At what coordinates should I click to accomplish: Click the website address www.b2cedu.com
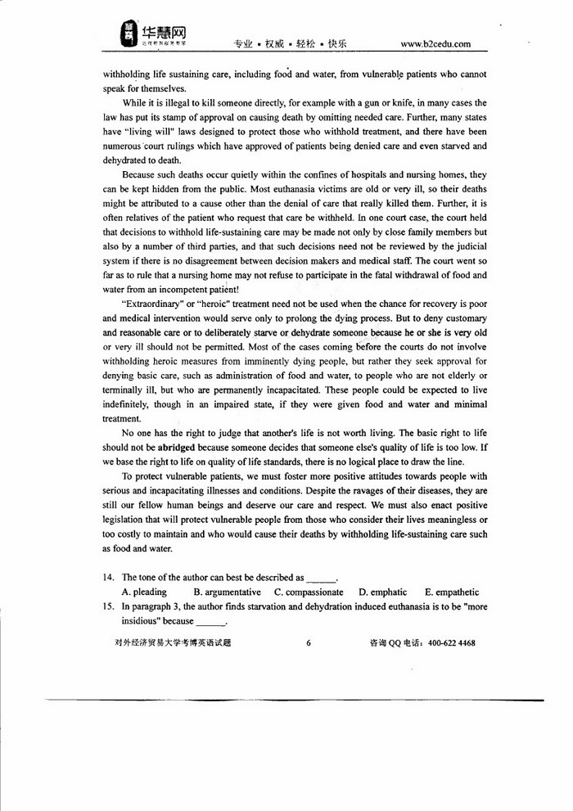tap(435, 43)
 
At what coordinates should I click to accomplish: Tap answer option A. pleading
tap(144, 592)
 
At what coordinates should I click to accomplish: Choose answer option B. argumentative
tap(227, 592)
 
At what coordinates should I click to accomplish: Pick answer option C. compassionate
tap(309, 592)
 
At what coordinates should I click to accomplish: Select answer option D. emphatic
tap(382, 592)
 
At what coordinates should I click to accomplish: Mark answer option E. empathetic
tap(452, 592)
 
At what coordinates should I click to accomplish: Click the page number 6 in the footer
tap(309, 643)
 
